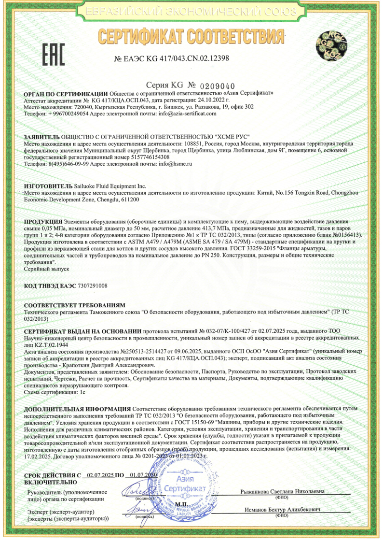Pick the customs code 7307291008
click(92, 286)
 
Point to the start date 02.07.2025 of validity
click(98, 476)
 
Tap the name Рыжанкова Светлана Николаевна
click(282, 492)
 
